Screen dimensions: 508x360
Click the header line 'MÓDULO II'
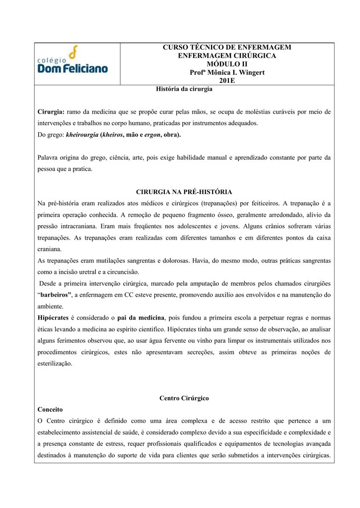(227, 64)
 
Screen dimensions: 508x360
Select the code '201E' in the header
(227, 81)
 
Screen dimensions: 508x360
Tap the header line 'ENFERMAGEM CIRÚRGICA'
(227, 56)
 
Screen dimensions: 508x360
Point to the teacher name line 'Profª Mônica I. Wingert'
(227, 72)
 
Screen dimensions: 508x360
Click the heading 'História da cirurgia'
(184, 89)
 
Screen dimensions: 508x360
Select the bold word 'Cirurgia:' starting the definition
(51, 112)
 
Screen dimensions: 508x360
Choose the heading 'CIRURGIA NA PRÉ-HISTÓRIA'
(184, 191)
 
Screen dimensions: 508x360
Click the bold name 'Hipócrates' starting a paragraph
(54, 317)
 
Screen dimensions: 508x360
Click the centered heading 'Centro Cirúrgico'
(184, 398)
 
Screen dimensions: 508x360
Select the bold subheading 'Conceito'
(50, 410)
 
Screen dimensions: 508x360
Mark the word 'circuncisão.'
(122, 272)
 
